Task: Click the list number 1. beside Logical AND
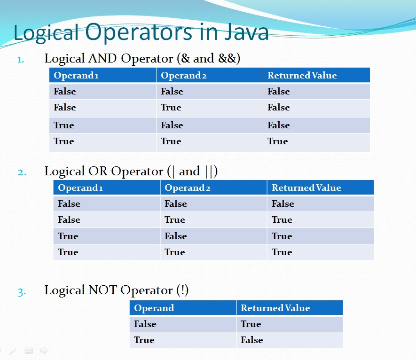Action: coord(20,60)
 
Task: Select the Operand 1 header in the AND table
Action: coord(76,75)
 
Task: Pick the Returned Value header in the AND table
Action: coord(302,75)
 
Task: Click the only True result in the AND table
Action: coord(277,141)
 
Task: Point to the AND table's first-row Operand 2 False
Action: coord(172,92)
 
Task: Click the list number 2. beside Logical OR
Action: coord(22,172)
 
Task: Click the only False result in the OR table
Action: coord(283,204)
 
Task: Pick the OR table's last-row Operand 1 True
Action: coord(68,252)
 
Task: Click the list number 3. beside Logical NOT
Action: coord(22,292)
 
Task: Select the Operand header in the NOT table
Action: coord(154,308)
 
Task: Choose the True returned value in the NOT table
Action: coord(251,324)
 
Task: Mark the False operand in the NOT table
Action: coord(145,324)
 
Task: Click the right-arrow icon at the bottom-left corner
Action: coord(44,351)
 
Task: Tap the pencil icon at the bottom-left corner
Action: coord(13,351)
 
